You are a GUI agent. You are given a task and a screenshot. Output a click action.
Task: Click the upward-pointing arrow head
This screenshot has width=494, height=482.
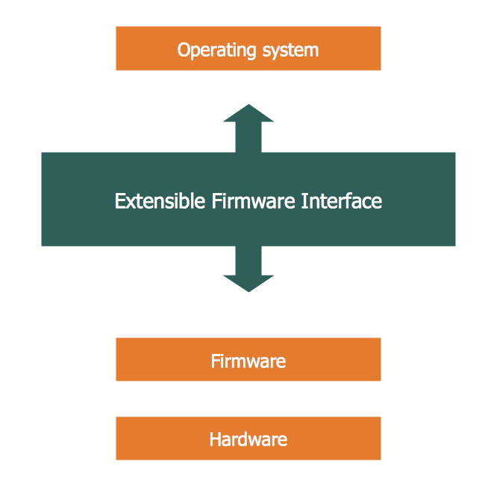(x=248, y=113)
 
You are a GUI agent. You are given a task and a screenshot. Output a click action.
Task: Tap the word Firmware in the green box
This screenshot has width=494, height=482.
(x=254, y=201)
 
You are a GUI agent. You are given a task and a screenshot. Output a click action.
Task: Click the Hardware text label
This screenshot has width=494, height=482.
(x=248, y=439)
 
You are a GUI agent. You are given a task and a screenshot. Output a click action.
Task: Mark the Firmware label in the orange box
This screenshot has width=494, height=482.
(x=248, y=361)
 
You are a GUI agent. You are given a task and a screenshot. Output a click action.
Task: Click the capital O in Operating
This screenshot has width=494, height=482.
(x=184, y=50)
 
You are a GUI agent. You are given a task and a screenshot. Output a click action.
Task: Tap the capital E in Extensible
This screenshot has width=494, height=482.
(x=119, y=201)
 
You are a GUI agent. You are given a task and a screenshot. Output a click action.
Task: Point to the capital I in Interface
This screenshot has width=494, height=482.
(x=304, y=201)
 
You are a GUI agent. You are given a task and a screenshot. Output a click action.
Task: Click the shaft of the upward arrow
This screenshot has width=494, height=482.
(x=248, y=138)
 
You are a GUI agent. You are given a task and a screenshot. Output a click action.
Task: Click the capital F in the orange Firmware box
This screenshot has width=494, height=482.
(x=215, y=361)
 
